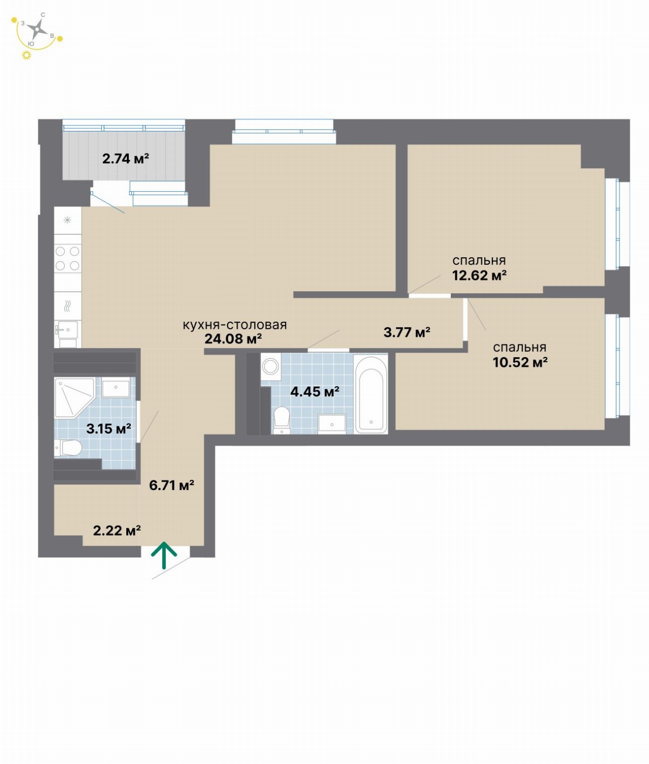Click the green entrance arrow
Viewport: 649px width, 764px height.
[x=164, y=555]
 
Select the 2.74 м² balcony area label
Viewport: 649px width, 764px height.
[x=126, y=159]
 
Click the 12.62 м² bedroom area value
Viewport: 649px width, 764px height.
[x=479, y=275]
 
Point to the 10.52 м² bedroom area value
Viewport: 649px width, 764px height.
[x=520, y=362]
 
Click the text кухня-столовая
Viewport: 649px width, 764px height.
[x=235, y=325]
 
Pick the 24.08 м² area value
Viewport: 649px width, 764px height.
[x=233, y=338]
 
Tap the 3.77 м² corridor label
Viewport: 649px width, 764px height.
[x=407, y=332]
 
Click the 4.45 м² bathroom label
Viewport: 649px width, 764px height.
[x=315, y=392]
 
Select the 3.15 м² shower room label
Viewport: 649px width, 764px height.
[x=109, y=429]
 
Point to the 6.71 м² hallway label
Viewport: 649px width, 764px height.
[x=172, y=485]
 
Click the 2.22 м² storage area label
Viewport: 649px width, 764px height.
[x=117, y=531]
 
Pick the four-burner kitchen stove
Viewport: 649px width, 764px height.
[x=67, y=259]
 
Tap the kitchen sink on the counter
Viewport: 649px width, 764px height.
[x=67, y=329]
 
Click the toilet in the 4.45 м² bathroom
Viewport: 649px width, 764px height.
[x=282, y=420]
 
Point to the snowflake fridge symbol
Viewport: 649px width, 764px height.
[x=67, y=221]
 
